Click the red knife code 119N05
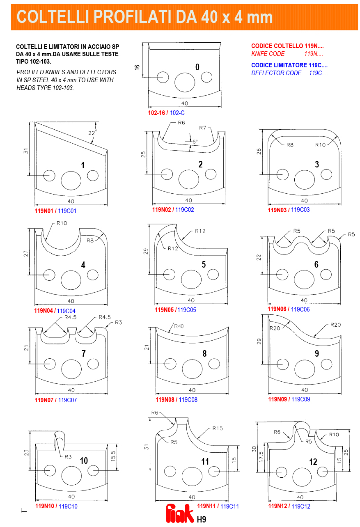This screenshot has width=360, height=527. coord(164,309)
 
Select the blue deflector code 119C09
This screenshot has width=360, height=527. coord(301,399)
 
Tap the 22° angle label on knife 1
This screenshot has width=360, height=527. coord(92,133)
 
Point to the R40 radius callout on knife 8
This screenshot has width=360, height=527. coord(179,326)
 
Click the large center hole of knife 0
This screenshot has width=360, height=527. coord(185,82)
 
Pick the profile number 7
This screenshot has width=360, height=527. coord(83,353)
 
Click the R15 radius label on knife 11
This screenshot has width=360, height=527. coord(218,428)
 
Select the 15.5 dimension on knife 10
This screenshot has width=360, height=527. coord(113,456)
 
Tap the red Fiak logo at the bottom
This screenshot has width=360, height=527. coord(180,514)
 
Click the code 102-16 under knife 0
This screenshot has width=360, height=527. coord(156,113)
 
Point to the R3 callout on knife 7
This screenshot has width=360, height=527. coord(118,322)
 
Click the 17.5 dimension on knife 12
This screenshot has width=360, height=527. coord(261,457)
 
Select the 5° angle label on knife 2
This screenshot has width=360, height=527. coord(195,142)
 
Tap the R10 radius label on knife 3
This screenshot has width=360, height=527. coord(321,145)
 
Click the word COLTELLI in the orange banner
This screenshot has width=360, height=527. coord(51,17)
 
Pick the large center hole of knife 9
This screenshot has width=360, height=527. coord(305,369)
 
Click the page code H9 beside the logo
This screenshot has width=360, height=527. coord(202,519)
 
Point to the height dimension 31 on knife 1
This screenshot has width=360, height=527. coord(25,151)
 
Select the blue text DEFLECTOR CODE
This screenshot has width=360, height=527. coord(276,73)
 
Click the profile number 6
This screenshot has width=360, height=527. coord(316,264)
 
